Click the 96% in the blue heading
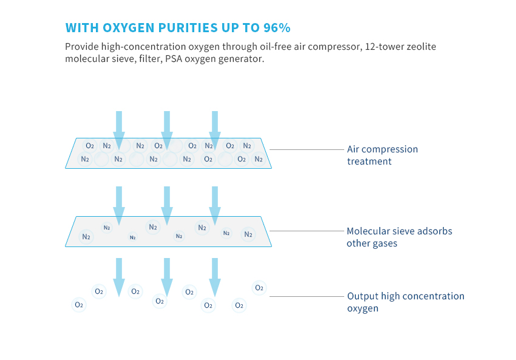(277, 28)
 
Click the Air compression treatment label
(382, 155)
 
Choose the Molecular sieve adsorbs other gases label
(399, 237)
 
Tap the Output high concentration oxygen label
(406, 302)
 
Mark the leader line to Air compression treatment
(307, 149)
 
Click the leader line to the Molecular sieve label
(307, 231)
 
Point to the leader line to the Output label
(307, 296)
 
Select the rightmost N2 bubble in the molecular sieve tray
(248, 234)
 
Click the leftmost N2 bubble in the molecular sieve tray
(86, 237)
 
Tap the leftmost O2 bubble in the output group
(79, 305)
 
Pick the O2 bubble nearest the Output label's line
(259, 288)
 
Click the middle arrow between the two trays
(167, 206)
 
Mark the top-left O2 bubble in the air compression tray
(89, 146)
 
